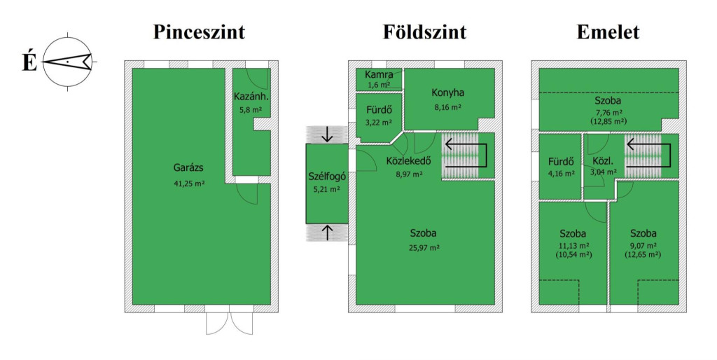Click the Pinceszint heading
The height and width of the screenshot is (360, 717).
pos(200,32)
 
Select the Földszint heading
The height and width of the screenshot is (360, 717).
pos(424,32)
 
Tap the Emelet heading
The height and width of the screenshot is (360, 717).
pos(608,32)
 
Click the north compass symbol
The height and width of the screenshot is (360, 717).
pos(67,62)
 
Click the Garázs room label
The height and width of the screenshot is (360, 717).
pos(188,168)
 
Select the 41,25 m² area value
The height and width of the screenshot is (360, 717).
pos(188,184)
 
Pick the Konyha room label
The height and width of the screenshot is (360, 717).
pos(448,92)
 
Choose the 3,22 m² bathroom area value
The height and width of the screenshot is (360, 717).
pos(378,123)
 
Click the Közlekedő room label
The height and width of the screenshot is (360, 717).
pos(408,161)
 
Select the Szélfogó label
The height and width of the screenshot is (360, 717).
pos(327,176)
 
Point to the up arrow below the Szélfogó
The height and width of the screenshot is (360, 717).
pos(327,233)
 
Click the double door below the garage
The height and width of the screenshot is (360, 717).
pos(228,323)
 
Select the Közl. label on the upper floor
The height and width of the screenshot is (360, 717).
pos(603,159)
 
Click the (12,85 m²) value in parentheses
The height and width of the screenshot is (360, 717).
pos(608,120)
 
